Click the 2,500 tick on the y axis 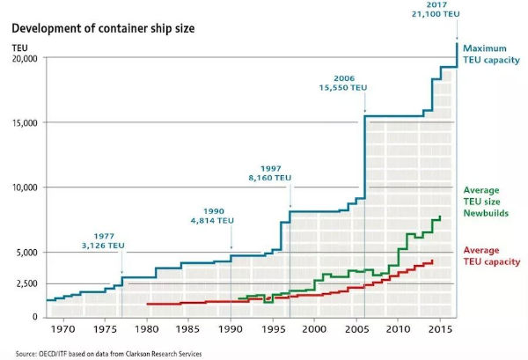click(x=26, y=284)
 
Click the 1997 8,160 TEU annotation click(x=268, y=172)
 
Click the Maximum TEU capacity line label click(x=494, y=55)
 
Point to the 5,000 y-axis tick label click(x=26, y=253)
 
